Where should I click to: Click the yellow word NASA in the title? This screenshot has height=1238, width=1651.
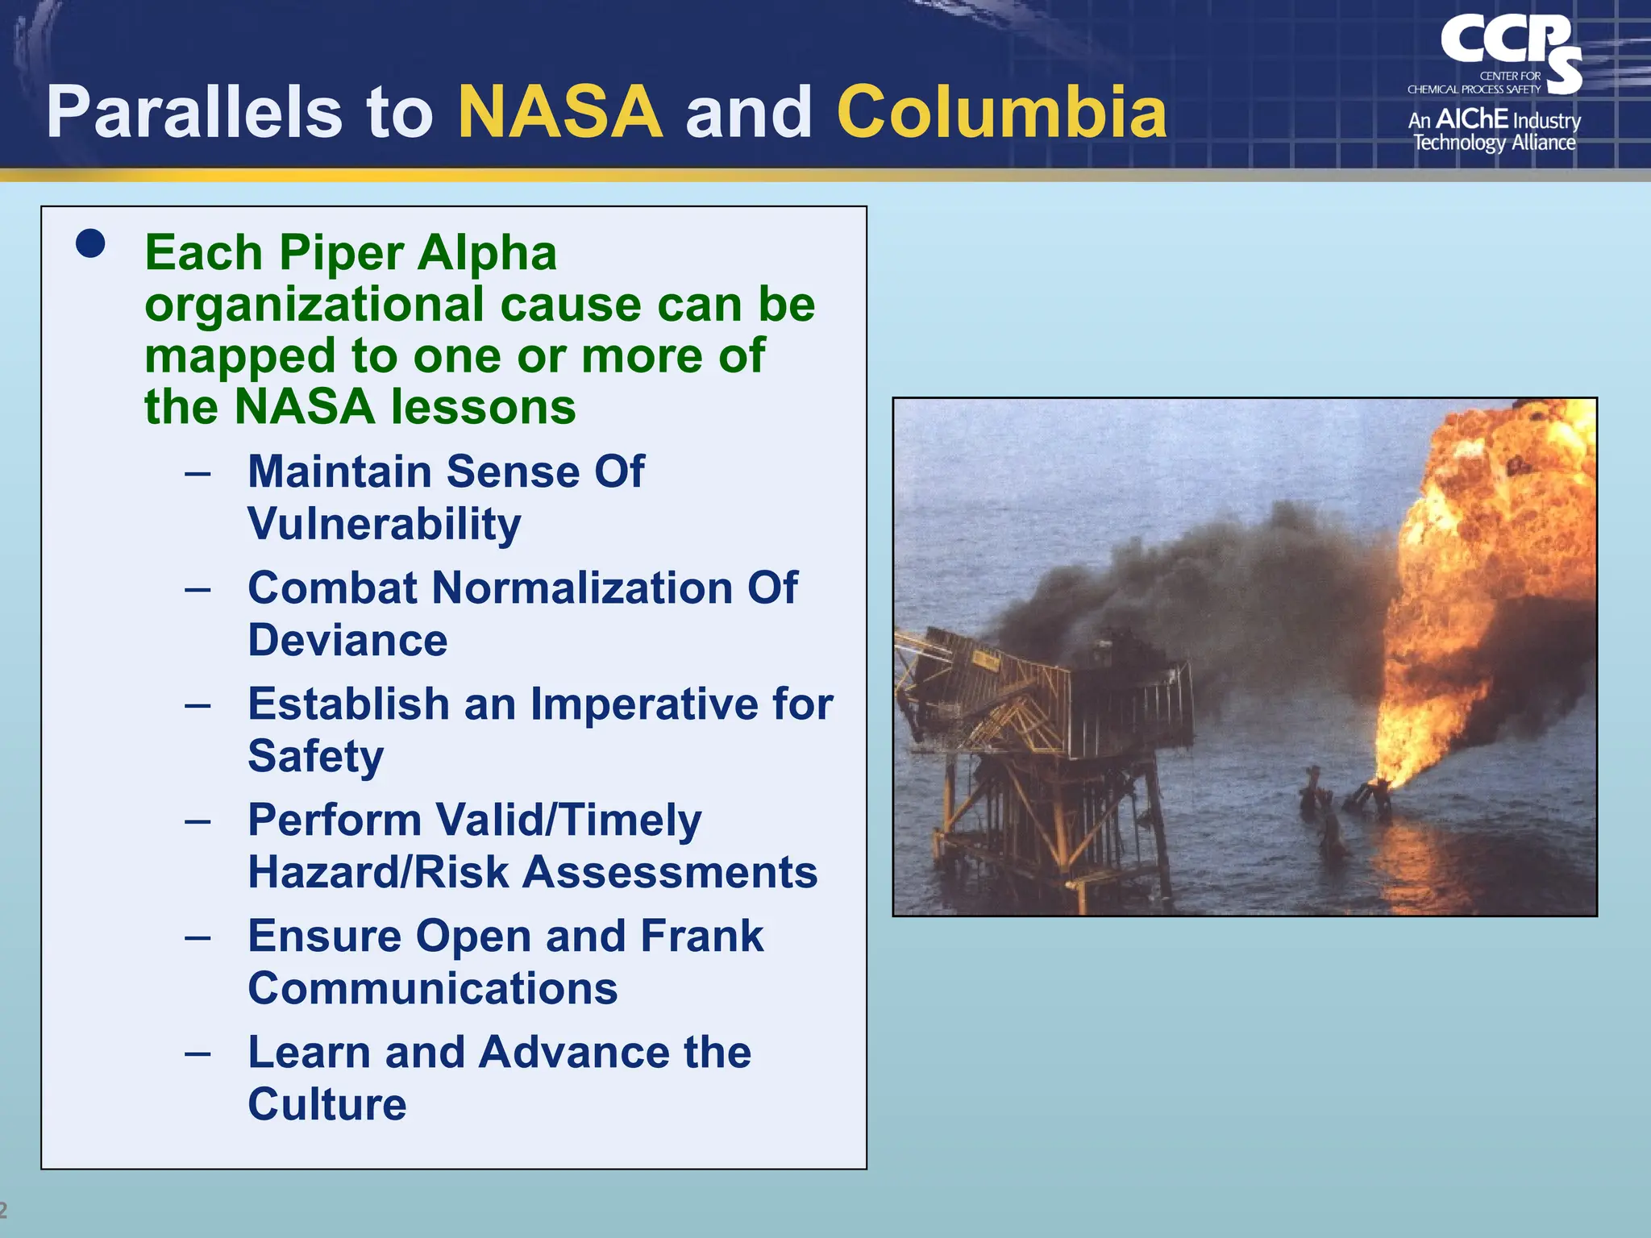coord(560,112)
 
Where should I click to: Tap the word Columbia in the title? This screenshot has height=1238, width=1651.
coord(1002,112)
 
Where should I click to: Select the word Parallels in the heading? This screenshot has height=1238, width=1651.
coord(193,112)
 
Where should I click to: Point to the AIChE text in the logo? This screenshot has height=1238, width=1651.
coord(1472,119)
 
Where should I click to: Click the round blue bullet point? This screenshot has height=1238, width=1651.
coord(90,243)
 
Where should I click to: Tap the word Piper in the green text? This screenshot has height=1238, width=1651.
coord(341,252)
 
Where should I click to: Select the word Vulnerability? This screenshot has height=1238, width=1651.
coord(384,524)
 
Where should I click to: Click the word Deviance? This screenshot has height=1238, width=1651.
coord(347,640)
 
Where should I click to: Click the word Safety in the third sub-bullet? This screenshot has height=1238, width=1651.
coord(315,756)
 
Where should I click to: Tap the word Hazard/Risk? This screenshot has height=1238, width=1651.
coord(378,872)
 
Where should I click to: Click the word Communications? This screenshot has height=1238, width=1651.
coord(432,988)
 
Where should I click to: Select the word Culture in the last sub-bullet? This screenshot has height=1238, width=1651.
coord(326,1104)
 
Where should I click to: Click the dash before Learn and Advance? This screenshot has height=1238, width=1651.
coord(198,1053)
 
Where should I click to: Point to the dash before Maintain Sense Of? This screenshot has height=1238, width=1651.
coord(198,472)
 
